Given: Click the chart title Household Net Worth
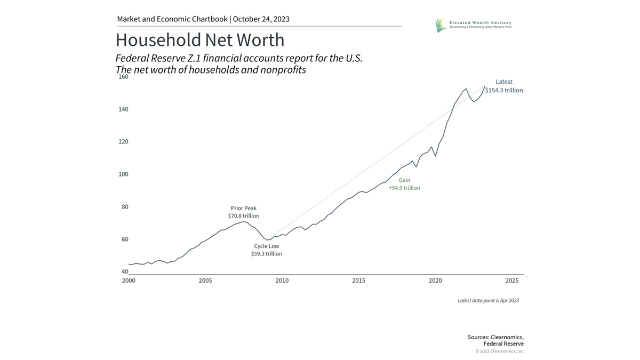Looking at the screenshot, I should [200, 41].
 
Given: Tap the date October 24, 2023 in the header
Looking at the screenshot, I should [261, 19].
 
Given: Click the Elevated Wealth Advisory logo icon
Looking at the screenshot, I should [441, 25].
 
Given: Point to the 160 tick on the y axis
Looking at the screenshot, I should [123, 77].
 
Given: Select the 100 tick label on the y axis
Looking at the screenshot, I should [123, 174].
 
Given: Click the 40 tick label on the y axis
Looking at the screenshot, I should [125, 272].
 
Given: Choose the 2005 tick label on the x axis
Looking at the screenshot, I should [205, 281].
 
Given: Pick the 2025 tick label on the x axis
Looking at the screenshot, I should [512, 281].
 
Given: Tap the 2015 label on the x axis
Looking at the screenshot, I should [358, 281].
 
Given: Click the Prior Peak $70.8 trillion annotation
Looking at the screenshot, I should [243, 212].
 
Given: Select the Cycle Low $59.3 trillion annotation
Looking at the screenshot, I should [266, 250].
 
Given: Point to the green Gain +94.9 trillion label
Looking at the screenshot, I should [404, 185].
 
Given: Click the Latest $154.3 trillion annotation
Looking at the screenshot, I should [503, 86].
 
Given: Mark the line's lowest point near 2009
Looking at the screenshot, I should [268, 240].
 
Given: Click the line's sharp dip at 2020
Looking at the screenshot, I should [436, 156].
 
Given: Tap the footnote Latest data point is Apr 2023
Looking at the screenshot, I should [488, 301].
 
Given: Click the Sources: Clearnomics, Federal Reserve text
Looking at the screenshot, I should [495, 340].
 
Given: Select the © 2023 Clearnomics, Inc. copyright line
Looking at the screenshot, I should [500, 351].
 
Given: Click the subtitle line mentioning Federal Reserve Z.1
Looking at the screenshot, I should [239, 58].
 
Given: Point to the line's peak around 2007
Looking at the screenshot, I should [244, 221].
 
